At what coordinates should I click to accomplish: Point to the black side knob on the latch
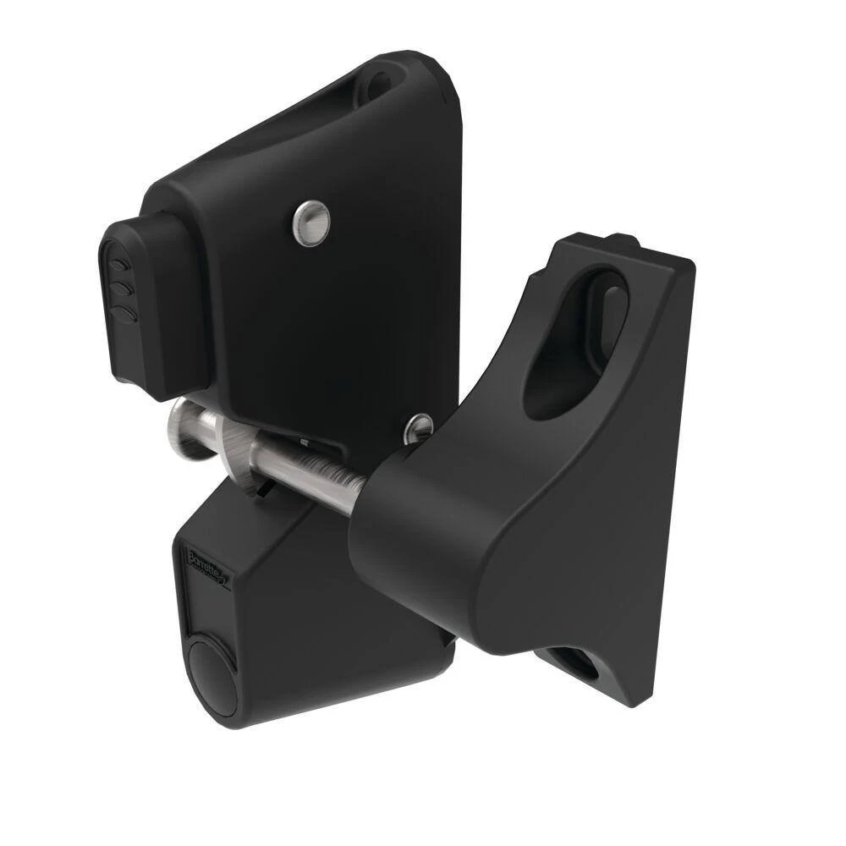click(x=144, y=305)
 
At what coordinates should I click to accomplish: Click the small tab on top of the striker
click(x=622, y=240)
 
